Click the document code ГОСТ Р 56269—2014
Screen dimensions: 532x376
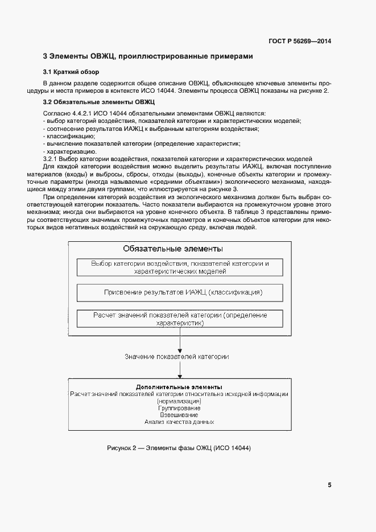tap(299, 42)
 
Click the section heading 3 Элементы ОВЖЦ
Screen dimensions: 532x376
tap(148, 56)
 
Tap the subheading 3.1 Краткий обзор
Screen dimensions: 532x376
tap(71, 72)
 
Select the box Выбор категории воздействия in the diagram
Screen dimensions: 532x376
tap(180, 267)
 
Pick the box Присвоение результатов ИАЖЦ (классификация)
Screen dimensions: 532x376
tap(180, 292)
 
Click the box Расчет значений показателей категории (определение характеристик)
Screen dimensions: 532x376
tap(180, 319)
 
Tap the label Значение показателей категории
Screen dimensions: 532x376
tap(177, 356)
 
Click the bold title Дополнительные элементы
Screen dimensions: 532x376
tap(179, 387)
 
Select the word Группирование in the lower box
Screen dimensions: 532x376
tap(179, 408)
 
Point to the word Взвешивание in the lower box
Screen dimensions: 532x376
tap(179, 415)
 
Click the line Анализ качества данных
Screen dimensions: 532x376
tap(179, 422)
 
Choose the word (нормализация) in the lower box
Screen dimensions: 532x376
tap(179, 401)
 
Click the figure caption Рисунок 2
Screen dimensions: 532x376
tap(179, 448)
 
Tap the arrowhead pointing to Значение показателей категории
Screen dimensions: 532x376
tap(180, 349)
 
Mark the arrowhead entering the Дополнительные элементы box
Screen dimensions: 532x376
tap(180, 376)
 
